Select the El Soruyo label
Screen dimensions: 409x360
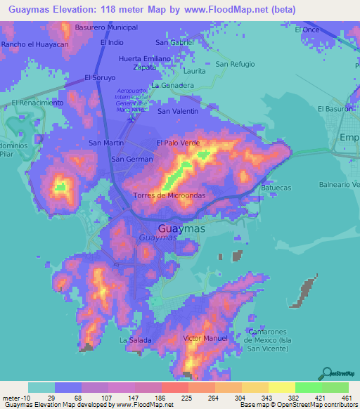[x=100, y=77]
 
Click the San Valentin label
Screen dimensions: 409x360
[x=178, y=111]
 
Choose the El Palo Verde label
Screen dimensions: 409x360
[x=178, y=143]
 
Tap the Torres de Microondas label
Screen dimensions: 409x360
[x=168, y=195]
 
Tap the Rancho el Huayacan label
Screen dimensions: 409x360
[x=35, y=44]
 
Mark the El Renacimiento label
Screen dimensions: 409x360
[x=38, y=103]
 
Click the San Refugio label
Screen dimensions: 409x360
[x=235, y=64]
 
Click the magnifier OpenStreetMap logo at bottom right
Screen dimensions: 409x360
[x=325, y=372]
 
